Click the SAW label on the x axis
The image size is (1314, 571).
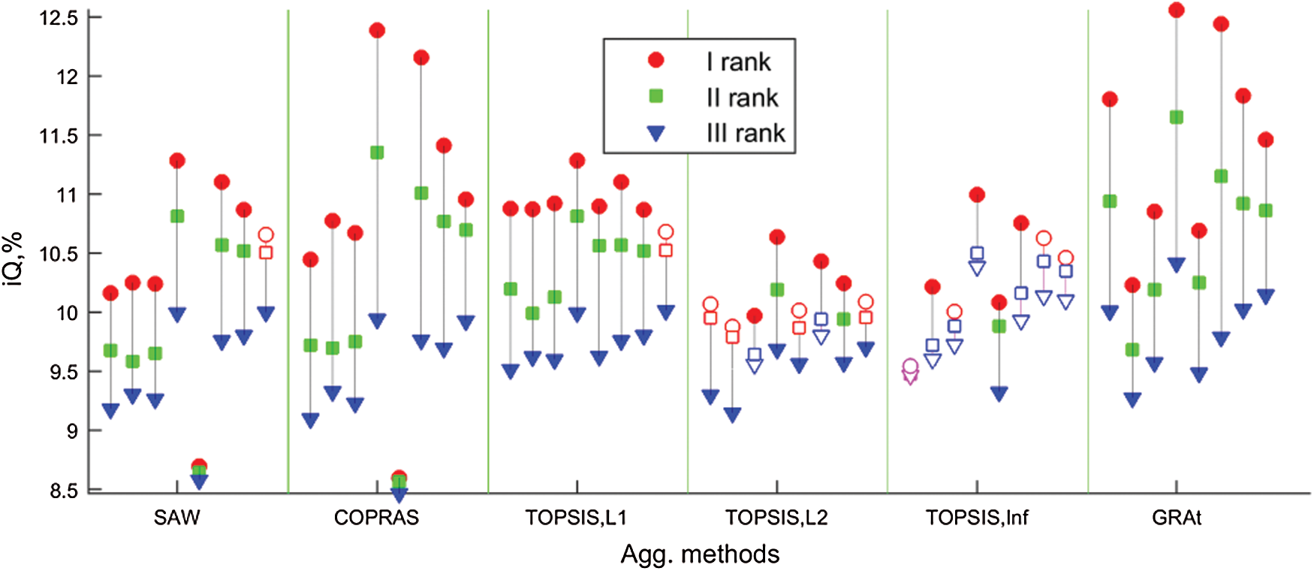click(176, 518)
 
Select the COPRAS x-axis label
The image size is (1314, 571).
click(376, 518)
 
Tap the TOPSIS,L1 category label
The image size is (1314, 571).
click(576, 518)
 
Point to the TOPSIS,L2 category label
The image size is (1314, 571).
click(776, 518)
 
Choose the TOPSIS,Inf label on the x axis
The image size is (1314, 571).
click(977, 518)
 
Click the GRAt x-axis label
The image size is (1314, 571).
click(1177, 518)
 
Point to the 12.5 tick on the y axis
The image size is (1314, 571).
click(59, 17)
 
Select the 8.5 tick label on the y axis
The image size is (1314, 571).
click(64, 491)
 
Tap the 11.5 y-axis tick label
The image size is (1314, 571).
click(59, 136)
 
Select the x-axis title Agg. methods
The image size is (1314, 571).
click(700, 554)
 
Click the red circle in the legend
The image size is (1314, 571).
click(656, 60)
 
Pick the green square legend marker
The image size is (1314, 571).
click(656, 96)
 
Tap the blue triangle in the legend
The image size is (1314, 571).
click(656, 134)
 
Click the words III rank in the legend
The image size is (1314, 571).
click(746, 133)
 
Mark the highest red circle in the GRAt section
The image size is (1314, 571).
click(1177, 10)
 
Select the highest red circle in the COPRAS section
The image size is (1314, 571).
click(377, 30)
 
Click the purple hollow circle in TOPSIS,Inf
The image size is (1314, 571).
click(910, 367)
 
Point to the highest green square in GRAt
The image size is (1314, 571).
click(1177, 117)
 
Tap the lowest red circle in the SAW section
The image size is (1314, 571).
click(199, 466)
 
